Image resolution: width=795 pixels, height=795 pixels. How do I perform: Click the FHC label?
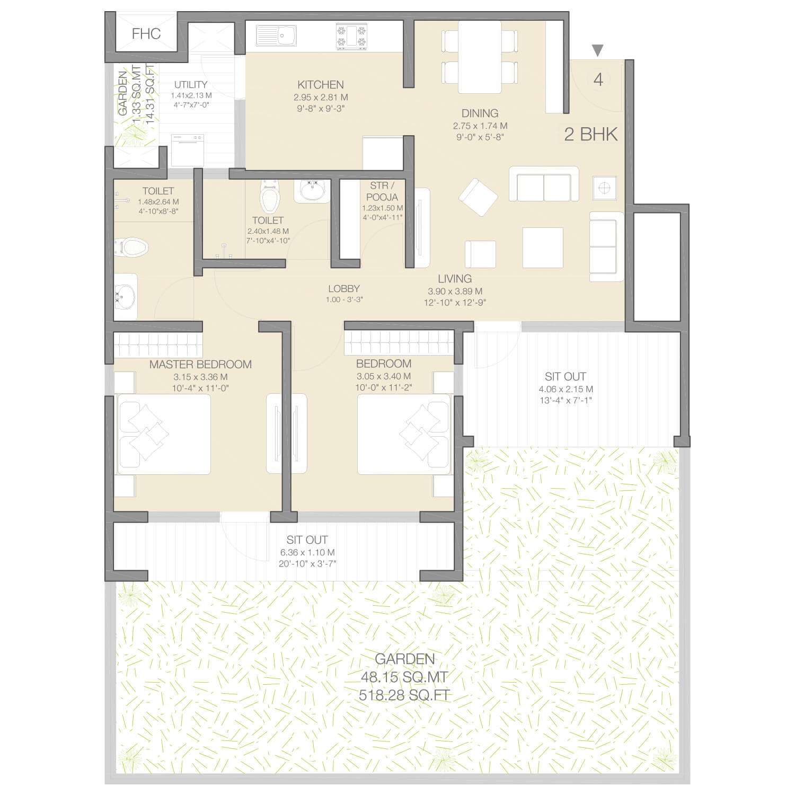[146, 34]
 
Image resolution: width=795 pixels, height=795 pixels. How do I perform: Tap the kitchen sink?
[276, 36]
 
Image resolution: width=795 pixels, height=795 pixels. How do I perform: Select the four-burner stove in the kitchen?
[351, 37]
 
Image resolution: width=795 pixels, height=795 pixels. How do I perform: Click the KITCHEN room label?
[321, 85]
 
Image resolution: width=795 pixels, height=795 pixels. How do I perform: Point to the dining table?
[480, 57]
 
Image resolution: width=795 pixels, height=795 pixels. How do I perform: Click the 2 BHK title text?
[591, 134]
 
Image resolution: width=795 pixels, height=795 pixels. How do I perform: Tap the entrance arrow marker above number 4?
[598, 50]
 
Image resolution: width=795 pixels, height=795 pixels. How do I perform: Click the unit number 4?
[598, 80]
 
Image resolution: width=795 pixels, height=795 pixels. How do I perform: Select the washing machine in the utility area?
[187, 150]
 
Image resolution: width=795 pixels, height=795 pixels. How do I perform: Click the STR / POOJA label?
[382, 191]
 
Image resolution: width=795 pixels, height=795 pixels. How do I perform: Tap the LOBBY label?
[344, 289]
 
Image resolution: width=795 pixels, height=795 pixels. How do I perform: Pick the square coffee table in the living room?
[543, 248]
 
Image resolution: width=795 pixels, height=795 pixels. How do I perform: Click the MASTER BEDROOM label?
[200, 365]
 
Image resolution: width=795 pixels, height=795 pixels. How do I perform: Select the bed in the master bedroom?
[164, 434]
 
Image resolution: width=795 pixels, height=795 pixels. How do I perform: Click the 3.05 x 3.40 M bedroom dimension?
[384, 376]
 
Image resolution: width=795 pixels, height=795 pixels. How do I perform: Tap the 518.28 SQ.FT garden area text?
[404, 695]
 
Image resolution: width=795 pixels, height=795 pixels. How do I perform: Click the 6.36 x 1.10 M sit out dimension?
[307, 552]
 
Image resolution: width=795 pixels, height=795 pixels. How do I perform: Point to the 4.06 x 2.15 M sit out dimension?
[566, 389]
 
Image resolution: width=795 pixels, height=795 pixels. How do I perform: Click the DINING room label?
[480, 113]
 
